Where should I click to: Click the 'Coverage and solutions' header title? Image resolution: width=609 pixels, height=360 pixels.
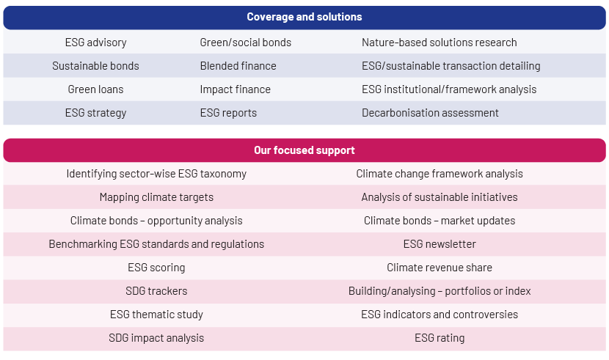pos(304,17)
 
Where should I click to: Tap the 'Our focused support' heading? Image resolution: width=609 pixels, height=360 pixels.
pos(304,150)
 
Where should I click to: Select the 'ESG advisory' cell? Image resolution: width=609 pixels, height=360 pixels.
pos(95,43)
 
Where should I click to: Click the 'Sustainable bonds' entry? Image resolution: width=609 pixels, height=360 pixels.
pos(95,66)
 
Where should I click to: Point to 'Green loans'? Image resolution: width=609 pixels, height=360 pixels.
pos(95,89)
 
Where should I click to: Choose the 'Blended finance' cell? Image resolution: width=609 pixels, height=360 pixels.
pos(238,66)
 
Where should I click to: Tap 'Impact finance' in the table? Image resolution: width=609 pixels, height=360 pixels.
pos(236,89)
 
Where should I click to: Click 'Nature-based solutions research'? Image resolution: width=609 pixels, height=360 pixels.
pos(440,43)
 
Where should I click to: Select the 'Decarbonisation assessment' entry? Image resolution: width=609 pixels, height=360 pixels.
pos(431,113)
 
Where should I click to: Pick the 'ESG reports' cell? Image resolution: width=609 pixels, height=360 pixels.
pos(228,113)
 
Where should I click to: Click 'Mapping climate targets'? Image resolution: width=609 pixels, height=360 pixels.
pos(156,197)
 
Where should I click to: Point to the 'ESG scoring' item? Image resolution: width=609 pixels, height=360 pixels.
pos(156,268)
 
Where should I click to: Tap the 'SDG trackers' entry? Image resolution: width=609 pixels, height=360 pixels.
pos(156,291)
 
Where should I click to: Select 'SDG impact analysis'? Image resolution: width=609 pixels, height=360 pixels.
pos(156,338)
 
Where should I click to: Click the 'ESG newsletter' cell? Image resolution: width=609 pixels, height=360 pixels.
pos(440,244)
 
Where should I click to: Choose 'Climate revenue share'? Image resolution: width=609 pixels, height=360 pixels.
pos(440,268)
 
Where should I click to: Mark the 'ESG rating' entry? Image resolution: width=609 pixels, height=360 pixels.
pos(440,338)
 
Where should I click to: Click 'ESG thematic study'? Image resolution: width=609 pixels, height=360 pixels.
pos(156,315)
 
